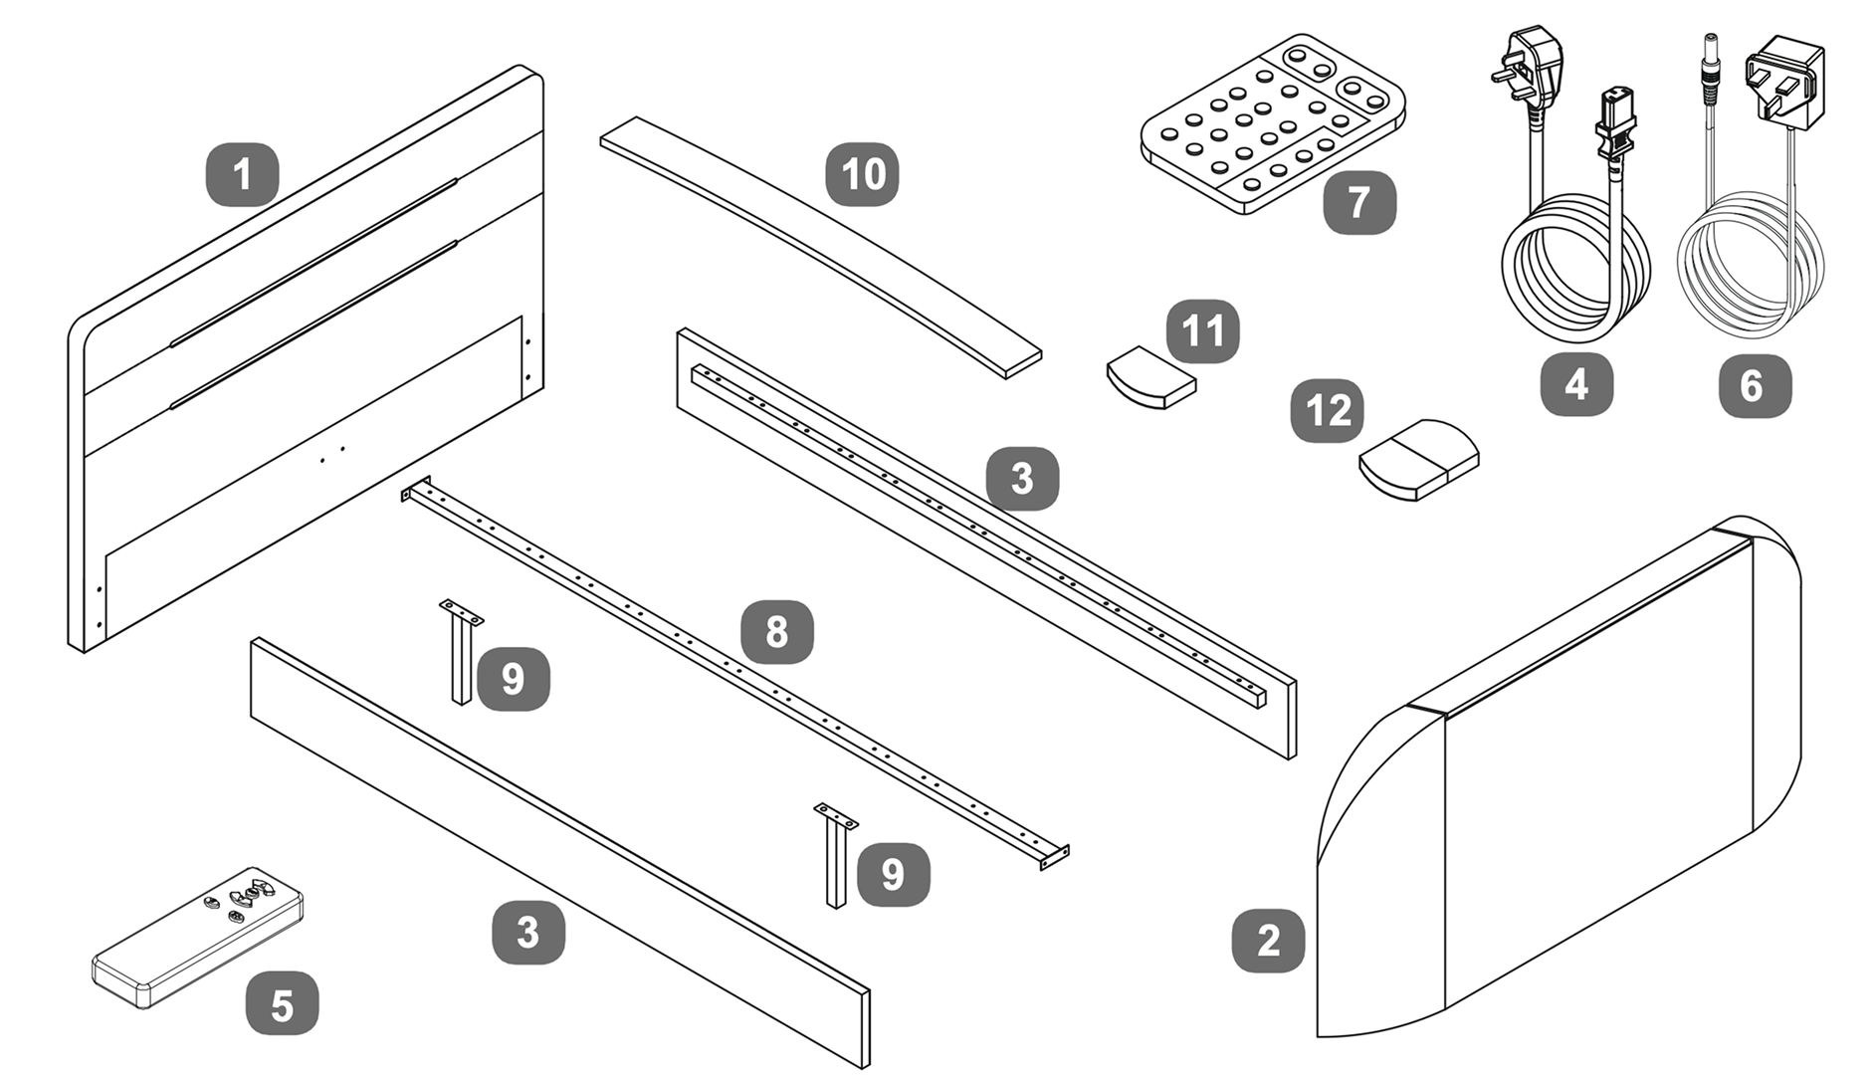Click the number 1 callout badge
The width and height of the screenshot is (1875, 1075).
[x=242, y=175]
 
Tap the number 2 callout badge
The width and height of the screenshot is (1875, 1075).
[x=1268, y=941]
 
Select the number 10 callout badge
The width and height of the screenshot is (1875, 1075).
[x=862, y=175]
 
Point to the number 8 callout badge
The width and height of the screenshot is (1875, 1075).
[x=776, y=632]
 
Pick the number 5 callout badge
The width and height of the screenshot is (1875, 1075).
[x=282, y=1003]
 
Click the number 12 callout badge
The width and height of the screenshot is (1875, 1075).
[x=1327, y=410]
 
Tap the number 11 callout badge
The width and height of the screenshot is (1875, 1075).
[x=1202, y=331]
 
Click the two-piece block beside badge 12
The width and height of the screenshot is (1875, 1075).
[x=1419, y=459]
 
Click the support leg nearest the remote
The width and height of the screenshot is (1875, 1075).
[x=460, y=652]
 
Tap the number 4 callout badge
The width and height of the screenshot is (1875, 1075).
[x=1576, y=384]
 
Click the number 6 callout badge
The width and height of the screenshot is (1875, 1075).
[x=1755, y=385]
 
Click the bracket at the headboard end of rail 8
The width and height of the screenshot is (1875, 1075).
[x=416, y=489]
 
